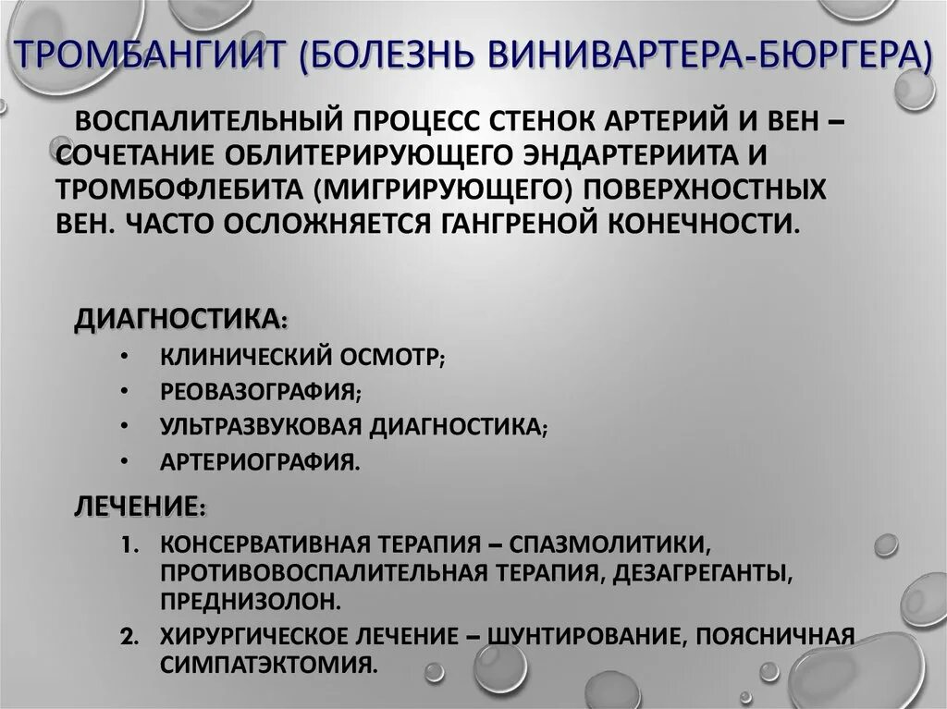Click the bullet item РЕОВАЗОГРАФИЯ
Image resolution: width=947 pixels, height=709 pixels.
pos(260,391)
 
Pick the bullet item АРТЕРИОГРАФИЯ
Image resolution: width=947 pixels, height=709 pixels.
pos(258,460)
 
